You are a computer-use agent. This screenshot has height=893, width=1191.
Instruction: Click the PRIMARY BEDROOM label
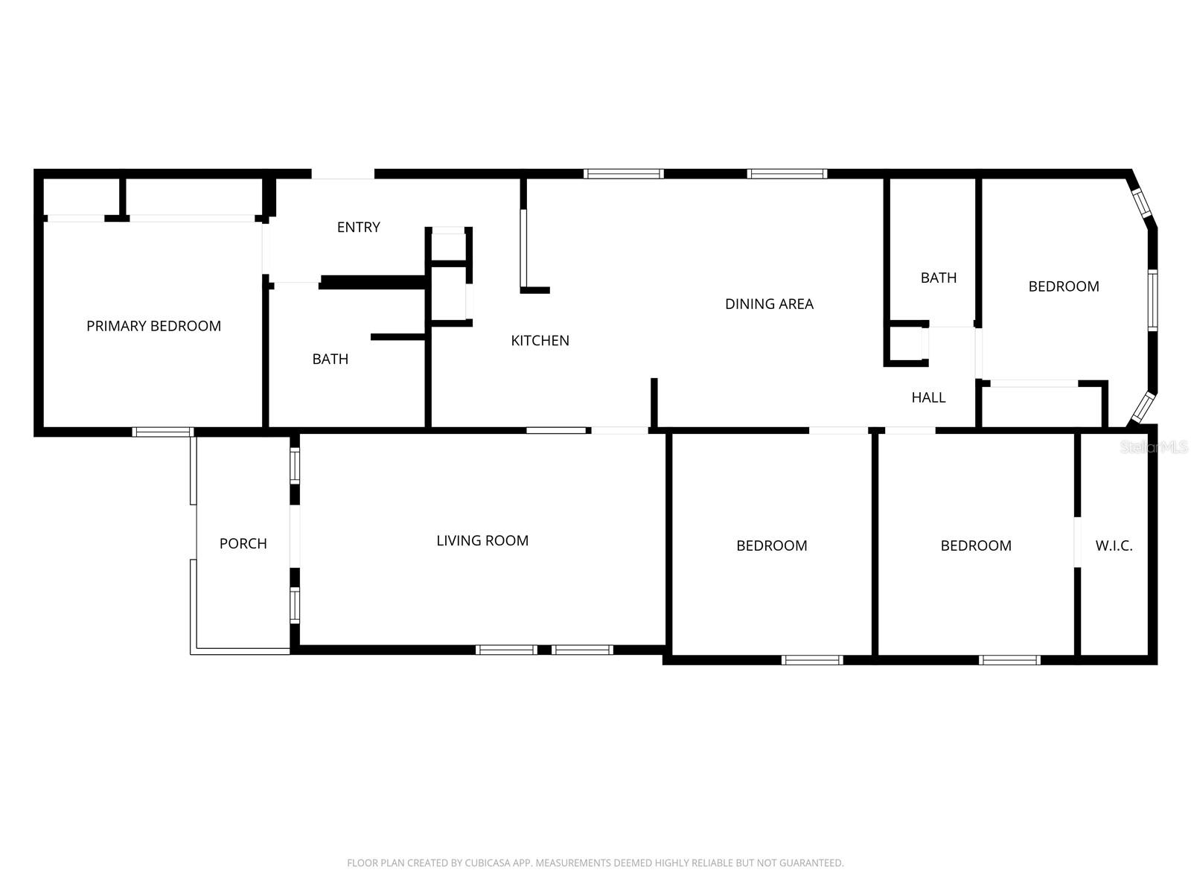153,326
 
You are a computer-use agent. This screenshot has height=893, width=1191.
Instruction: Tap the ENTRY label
358,227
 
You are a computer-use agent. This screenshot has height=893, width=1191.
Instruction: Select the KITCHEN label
540,341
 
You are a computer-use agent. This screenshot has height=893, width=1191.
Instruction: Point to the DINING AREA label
769,304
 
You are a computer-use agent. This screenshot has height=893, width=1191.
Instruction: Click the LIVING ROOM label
482,540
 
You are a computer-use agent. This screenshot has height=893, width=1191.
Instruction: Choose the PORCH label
243,543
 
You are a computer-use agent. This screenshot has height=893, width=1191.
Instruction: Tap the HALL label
928,397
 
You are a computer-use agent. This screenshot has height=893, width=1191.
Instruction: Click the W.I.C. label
1114,545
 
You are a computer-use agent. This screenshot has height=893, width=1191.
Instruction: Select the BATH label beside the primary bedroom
330,359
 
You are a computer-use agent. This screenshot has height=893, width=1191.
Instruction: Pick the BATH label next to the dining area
938,278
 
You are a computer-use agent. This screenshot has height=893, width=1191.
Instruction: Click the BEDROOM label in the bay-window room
1064,287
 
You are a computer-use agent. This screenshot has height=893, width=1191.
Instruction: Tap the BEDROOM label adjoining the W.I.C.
976,545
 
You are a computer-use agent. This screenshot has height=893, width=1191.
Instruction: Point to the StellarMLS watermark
1153,446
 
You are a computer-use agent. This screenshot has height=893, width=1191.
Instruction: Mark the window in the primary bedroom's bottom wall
163,432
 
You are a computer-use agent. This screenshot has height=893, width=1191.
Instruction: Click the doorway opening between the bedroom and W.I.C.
1077,542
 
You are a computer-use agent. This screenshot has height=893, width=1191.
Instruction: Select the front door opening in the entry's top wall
342,174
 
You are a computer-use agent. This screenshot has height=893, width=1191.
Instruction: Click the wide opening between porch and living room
295,537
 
